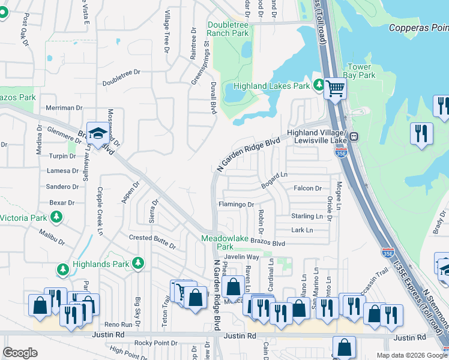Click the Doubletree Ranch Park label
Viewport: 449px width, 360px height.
click(228, 29)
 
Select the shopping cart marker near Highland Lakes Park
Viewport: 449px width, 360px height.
click(335, 89)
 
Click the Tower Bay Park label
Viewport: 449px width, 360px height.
click(360, 71)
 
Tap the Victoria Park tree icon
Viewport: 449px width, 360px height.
click(56, 217)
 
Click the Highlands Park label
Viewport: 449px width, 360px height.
click(101, 263)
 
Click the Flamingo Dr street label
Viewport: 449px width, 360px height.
click(236, 205)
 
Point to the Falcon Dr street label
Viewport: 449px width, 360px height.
click(307, 188)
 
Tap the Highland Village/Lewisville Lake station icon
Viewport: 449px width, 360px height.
click(355, 136)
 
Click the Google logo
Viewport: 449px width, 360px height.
click(20, 353)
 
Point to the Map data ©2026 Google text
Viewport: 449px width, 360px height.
click(411, 355)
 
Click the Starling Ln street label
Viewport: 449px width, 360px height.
click(307, 216)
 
